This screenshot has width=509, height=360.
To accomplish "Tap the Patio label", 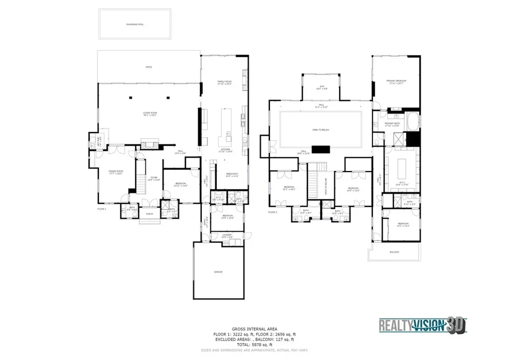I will (148, 67).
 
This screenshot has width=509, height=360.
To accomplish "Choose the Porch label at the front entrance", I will (149, 214).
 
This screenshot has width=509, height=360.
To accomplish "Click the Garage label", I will (218, 272).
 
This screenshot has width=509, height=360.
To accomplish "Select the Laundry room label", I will (227, 236).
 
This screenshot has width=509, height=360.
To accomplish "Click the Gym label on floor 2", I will (322, 88).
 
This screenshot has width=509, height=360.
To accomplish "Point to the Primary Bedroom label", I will (397, 82).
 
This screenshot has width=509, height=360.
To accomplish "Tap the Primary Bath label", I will (393, 124).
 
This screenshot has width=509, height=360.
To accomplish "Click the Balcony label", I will (394, 252).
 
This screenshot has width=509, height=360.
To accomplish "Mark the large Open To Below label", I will (321, 129).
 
